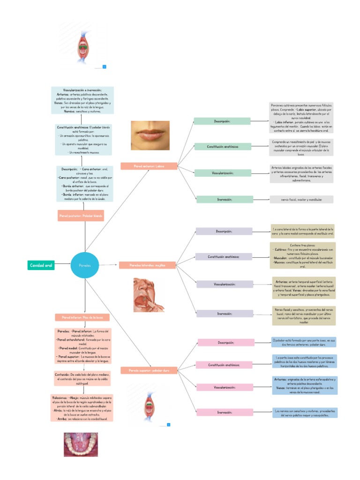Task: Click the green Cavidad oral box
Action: coord(41,265)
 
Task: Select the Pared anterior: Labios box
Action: coord(149,166)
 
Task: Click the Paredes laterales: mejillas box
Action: coord(148,265)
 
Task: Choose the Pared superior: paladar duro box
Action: coord(149,370)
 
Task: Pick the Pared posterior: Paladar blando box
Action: coord(81,216)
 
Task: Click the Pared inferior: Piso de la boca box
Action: coord(82,317)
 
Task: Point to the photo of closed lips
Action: coord(150,135)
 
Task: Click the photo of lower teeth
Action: coord(81,444)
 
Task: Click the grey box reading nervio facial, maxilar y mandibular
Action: coord(301,200)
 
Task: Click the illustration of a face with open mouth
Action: coord(148,294)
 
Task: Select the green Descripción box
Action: coord(222,121)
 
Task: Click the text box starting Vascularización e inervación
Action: coord(82,100)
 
